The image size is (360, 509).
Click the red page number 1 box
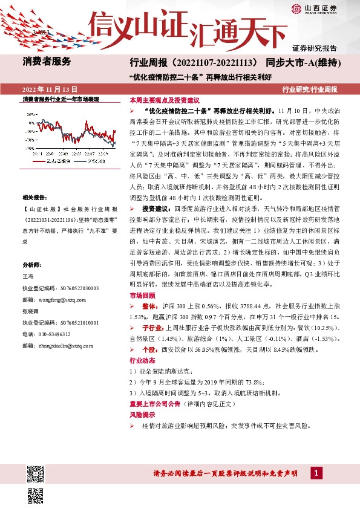click(x=316, y=473)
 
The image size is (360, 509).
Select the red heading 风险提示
click(x=139, y=415)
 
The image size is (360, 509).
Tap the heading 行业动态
click(x=139, y=360)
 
